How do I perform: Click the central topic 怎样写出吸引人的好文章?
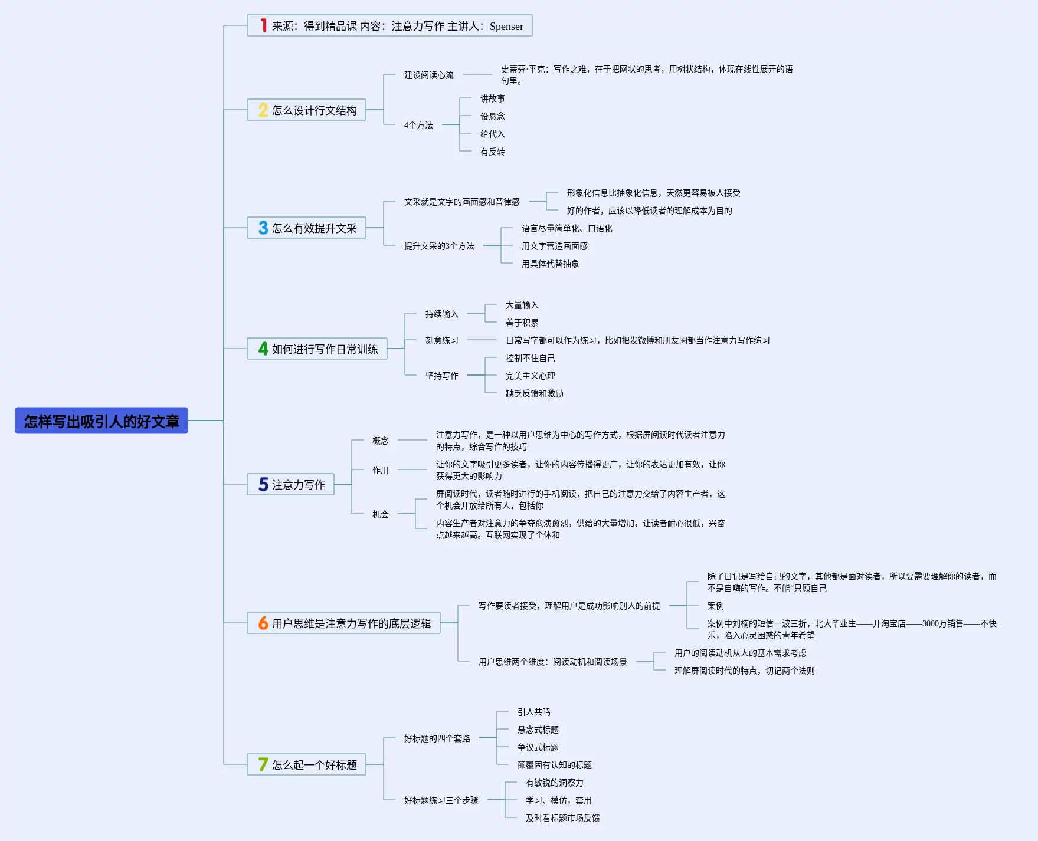pos(101,421)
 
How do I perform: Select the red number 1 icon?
pos(263,26)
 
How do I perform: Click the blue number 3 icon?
pos(263,228)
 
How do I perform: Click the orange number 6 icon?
pos(263,623)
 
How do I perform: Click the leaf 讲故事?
pos(492,98)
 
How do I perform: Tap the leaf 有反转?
pos(492,152)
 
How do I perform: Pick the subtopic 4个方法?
pos(418,125)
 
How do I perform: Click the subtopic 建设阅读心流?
pos(429,75)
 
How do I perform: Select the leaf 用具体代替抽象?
pos(550,264)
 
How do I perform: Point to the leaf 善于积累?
pos(522,323)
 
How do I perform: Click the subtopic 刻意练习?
pos(441,340)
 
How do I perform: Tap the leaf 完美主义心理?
pos(530,376)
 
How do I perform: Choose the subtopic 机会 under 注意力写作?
pos(380,514)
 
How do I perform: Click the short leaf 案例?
pos(715,606)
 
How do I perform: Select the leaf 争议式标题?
pos(538,747)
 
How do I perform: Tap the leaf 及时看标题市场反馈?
pos(562,818)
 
